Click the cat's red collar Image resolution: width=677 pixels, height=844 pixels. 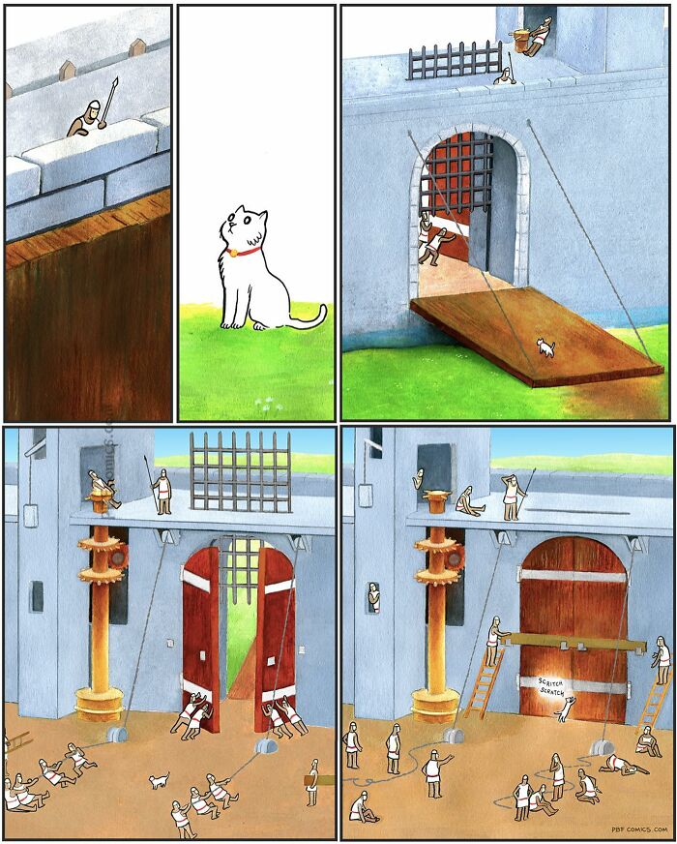[245, 252]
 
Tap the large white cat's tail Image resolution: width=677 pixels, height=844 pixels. [309, 318]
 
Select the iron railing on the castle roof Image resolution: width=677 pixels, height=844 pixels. [454, 61]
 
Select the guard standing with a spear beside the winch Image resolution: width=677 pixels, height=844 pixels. [163, 489]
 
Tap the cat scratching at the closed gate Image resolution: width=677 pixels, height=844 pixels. [560, 710]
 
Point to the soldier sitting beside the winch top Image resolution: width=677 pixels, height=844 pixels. [465, 501]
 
